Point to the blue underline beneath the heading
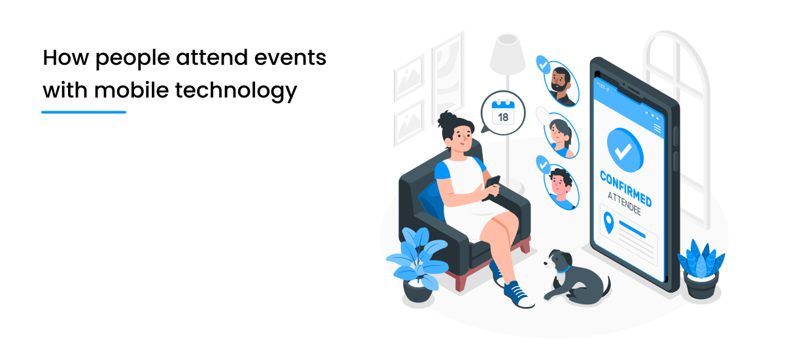click(84, 112)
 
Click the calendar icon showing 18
click(502, 112)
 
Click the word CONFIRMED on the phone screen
click(625, 187)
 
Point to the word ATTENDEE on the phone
click(624, 202)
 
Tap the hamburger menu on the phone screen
click(657, 129)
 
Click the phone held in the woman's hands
click(492, 186)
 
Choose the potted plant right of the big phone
click(701, 268)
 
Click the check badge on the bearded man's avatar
click(542, 64)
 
